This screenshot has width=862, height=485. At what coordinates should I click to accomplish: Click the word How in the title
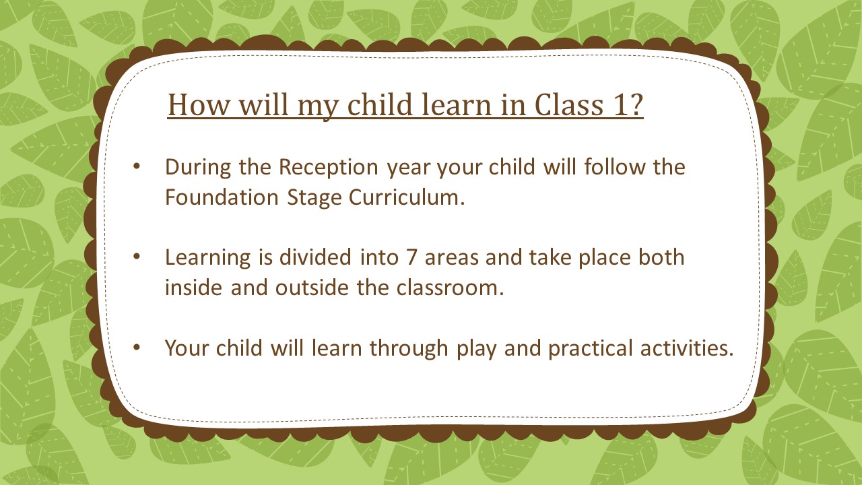point(199,104)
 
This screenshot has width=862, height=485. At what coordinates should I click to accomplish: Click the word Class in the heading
point(569,104)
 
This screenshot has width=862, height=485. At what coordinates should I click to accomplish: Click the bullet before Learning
point(136,257)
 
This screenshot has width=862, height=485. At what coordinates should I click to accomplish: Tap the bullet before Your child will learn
point(136,347)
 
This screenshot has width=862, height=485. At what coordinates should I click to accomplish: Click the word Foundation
point(222,197)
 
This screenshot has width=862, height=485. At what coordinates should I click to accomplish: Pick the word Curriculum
point(407,197)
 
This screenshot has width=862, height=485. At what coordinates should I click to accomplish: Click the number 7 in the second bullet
point(411,257)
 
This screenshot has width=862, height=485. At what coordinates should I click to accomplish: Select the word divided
point(315,257)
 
